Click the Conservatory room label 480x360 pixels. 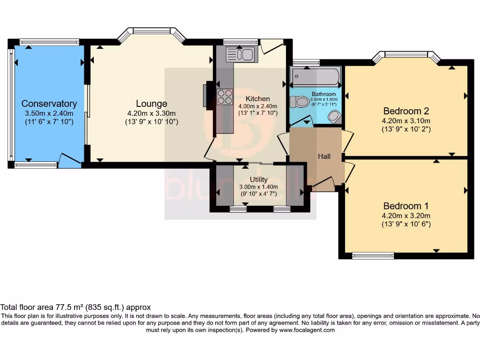click(49, 104)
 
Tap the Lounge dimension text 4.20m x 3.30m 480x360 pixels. click(151, 113)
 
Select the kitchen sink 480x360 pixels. click(242, 54)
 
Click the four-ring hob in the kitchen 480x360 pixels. click(225, 96)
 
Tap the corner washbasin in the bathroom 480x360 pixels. click(335, 117)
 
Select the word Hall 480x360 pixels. click(324, 156)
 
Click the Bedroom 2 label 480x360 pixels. click(406, 111)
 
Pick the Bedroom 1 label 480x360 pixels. click(406, 206)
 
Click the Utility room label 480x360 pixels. click(258, 180)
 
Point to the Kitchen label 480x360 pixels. click(258, 98)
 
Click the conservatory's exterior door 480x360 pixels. click(69, 161)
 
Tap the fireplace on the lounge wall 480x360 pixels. click(209, 95)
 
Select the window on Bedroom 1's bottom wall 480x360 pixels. click(373, 255)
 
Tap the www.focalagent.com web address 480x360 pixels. click(307, 330)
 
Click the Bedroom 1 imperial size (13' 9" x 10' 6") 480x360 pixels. click(406, 224)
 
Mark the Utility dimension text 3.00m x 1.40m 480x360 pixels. click(258, 187)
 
